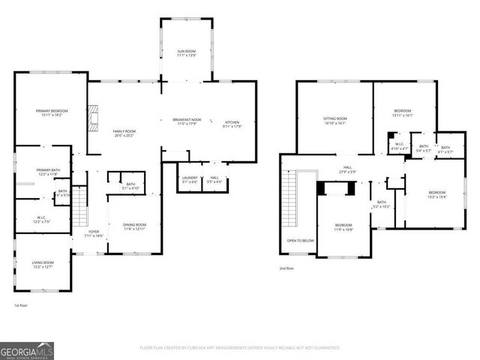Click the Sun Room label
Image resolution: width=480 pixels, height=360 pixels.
coord(185,53)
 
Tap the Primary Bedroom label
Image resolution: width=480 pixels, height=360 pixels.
coord(52,113)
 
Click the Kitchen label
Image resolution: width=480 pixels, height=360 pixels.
coord(232,124)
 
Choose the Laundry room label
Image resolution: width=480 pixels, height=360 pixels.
coord(189,179)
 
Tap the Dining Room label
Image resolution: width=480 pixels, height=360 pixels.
coord(134,226)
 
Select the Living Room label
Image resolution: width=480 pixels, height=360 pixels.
coord(42,264)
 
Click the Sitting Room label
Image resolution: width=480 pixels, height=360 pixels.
coord(334,120)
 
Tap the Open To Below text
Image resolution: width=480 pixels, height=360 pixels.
coord(300,241)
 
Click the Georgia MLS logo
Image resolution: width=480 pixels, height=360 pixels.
coord(26,349)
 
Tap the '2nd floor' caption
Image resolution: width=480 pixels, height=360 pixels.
coord(286,268)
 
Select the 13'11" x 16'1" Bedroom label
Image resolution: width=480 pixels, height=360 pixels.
coord(403,114)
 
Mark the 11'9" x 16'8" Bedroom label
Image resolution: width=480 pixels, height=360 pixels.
coord(343,226)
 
